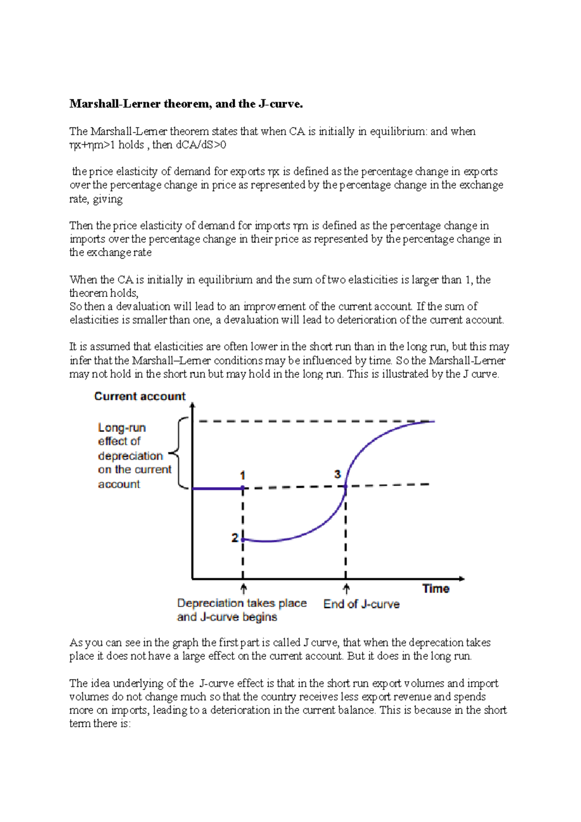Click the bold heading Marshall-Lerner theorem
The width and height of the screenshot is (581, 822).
pos(186,104)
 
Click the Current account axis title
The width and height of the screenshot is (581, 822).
pos(140,396)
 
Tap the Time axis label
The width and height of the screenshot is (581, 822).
pos(436,589)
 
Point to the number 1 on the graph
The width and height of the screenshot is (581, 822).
pos(243,475)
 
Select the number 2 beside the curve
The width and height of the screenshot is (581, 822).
pos(234,538)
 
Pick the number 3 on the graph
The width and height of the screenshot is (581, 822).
pos(337,474)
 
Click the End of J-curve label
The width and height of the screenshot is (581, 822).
pos(361,604)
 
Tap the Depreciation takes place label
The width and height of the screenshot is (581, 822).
pos(242,603)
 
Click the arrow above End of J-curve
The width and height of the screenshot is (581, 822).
pos(346,589)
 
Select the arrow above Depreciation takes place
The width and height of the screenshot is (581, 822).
pos(244,589)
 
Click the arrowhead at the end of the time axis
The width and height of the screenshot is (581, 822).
pos(461,578)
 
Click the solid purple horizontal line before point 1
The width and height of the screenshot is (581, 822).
pos(217,488)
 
